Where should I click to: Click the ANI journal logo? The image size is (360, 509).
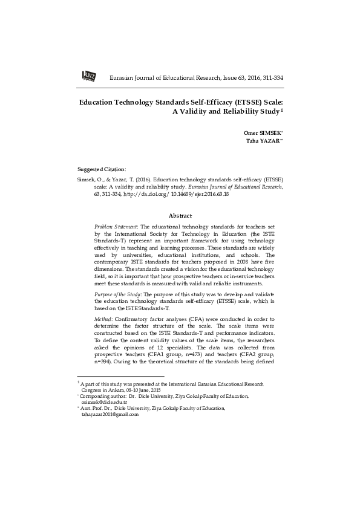[88, 76]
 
